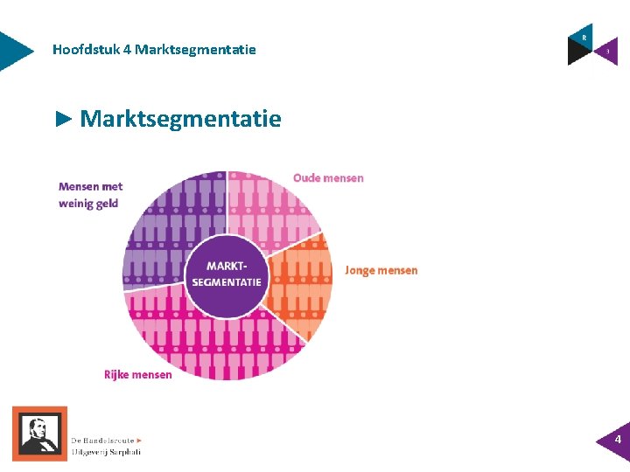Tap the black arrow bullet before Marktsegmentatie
click(x=63, y=119)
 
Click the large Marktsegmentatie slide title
click(x=180, y=119)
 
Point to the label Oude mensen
click(x=328, y=178)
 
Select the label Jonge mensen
click(x=381, y=270)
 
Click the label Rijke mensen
click(x=138, y=375)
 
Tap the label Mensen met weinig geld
click(x=90, y=194)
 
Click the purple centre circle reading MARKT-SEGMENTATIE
click(x=227, y=275)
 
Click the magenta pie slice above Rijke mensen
click(x=210, y=345)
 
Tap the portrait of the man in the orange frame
click(x=39, y=433)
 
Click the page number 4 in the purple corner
click(x=618, y=440)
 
